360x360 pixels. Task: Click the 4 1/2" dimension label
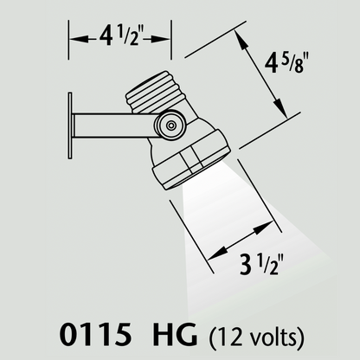point(119,37)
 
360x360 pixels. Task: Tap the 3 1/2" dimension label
point(260,265)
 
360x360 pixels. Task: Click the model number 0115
point(95,335)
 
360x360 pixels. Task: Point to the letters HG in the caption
point(175,335)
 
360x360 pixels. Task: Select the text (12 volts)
point(255,336)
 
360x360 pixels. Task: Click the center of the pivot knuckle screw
point(171,125)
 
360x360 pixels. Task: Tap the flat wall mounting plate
point(70,125)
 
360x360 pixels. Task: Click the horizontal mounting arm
point(115,125)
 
